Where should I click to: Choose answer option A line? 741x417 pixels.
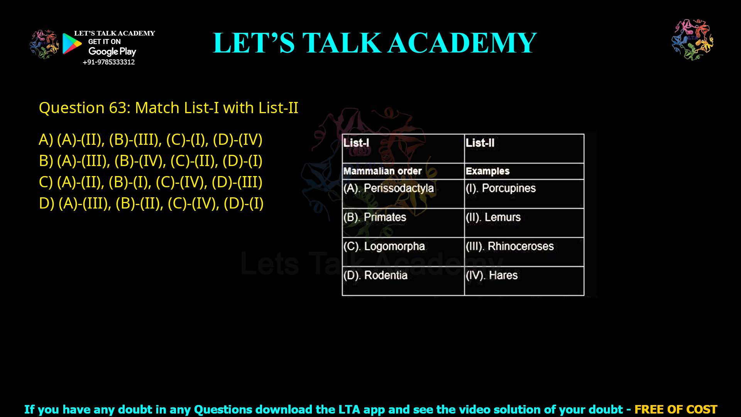151,140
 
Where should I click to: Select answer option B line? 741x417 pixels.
151,161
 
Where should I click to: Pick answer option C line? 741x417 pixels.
151,182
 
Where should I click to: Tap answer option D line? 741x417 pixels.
151,203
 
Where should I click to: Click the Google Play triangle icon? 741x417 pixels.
71,44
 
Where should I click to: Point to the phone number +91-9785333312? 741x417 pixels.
109,62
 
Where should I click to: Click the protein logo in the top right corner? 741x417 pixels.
692,39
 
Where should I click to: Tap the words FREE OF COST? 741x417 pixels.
676,409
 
